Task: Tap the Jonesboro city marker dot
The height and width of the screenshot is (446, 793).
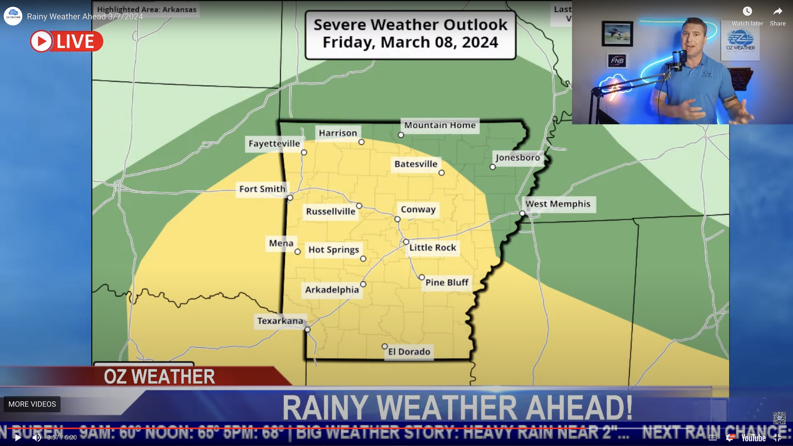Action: [493, 167]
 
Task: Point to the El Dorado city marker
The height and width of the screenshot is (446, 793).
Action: [384, 347]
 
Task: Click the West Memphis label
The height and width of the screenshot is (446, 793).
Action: [558, 204]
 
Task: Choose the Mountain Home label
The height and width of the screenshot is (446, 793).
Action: [440, 125]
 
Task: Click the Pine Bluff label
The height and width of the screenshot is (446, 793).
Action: [447, 283]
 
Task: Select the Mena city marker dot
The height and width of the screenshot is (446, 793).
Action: [297, 252]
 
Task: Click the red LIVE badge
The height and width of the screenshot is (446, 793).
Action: [66, 41]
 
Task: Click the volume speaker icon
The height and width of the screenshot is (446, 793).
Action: [37, 437]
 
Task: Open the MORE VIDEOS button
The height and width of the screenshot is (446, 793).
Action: [32, 404]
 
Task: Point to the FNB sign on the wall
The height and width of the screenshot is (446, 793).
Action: [617, 61]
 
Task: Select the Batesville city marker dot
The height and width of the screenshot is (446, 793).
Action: [441, 173]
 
